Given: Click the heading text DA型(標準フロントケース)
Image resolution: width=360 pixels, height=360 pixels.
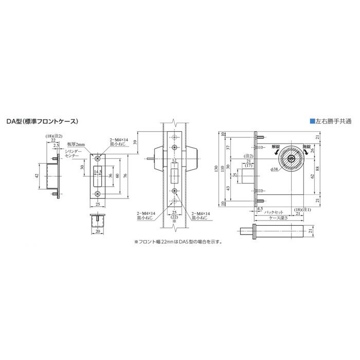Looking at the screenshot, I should [x=42, y=122].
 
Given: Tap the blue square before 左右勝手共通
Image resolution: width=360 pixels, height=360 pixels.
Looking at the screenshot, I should [x=312, y=122].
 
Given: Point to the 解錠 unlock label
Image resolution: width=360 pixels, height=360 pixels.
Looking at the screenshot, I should [x=275, y=146].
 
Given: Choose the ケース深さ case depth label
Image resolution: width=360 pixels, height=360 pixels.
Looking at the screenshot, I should [x=280, y=218].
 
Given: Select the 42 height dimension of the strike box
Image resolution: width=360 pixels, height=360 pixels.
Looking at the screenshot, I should [x=37, y=175].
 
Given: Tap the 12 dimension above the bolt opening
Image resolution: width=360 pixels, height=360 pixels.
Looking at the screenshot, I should [x=174, y=160].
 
